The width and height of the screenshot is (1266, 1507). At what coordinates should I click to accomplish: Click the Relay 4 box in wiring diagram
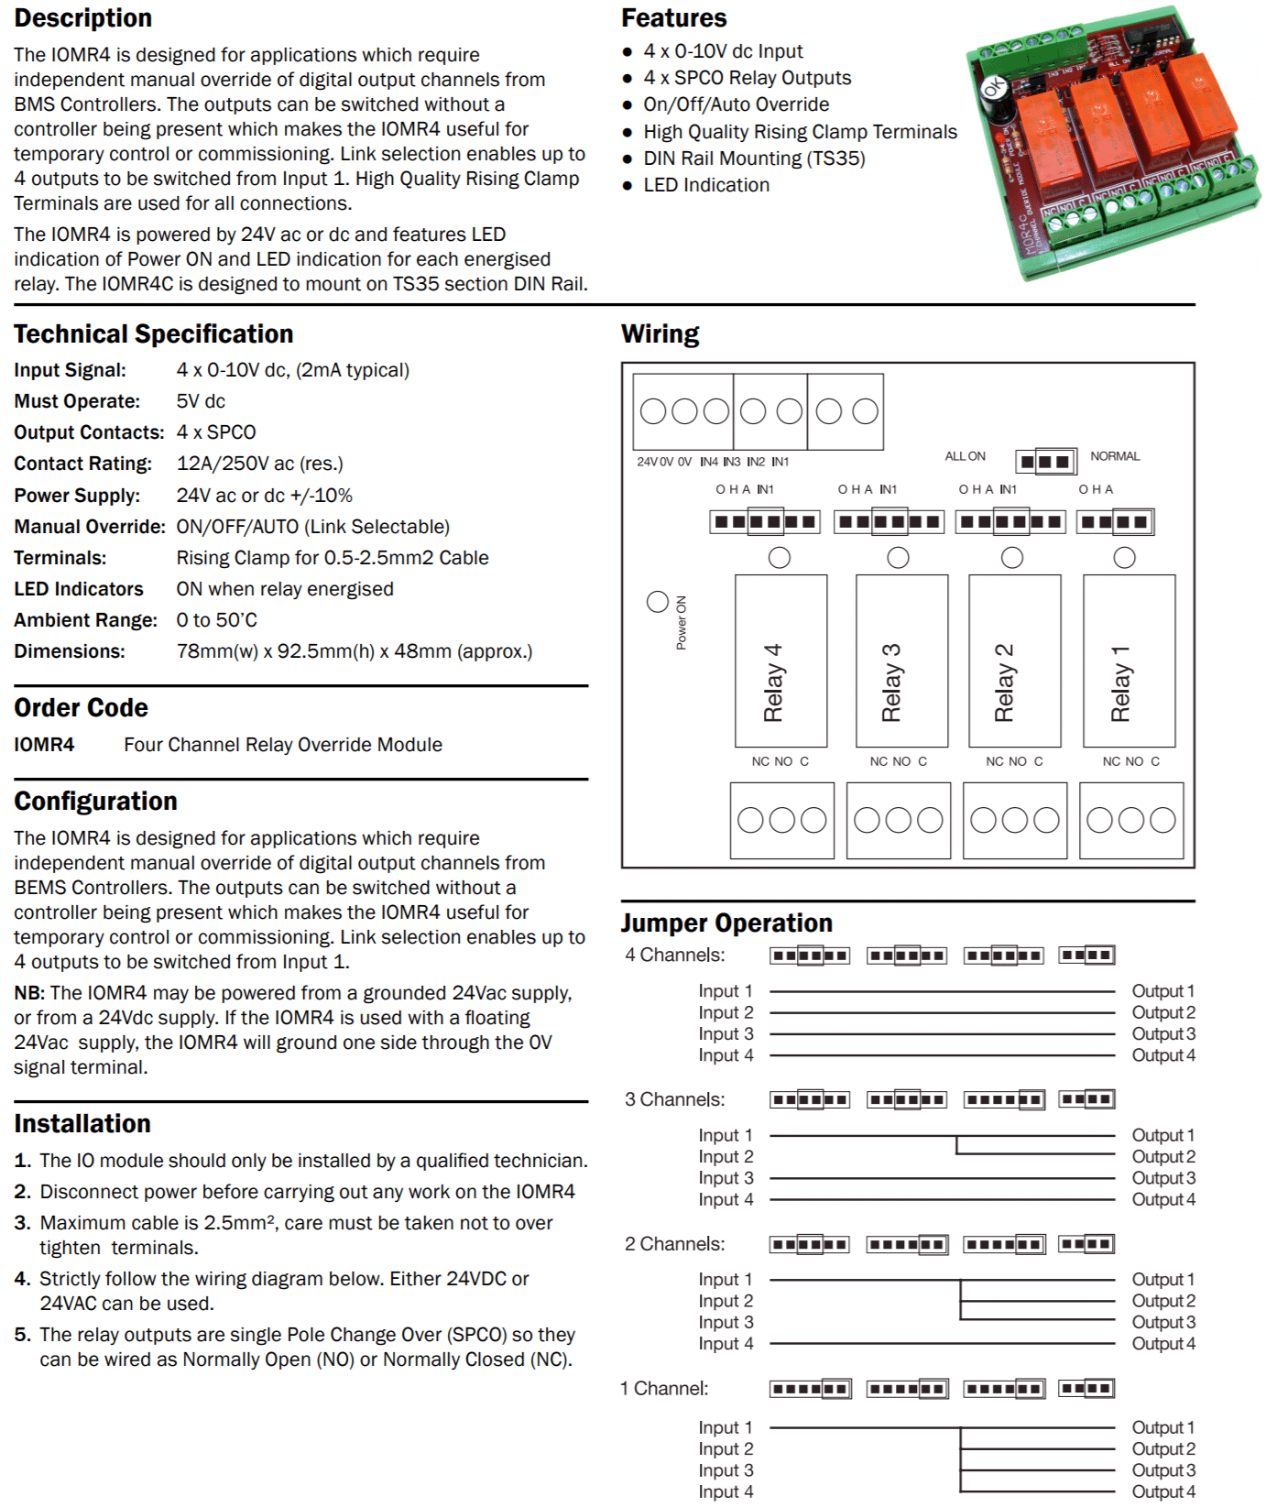point(780,661)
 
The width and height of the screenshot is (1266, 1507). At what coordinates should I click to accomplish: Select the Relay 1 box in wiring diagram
point(1129,661)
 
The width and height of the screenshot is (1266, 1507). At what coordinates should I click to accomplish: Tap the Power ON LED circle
point(657,602)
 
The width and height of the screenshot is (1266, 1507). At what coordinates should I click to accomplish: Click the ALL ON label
point(965,456)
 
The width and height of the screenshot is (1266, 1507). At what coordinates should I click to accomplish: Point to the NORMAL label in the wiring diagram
point(1114,456)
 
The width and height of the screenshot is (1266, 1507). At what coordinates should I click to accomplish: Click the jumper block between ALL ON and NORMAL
point(1045,461)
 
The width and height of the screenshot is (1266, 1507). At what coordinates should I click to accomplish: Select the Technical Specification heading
point(154,334)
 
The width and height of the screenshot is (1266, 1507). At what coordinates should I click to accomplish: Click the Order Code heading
point(81,708)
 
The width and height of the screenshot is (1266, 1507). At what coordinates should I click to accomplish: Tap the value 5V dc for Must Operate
point(201,401)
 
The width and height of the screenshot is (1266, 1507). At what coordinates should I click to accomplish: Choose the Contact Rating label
point(82,464)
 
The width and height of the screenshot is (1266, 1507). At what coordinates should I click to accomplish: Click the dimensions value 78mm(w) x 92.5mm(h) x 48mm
point(354,651)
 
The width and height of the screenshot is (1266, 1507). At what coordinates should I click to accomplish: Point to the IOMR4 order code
point(44,745)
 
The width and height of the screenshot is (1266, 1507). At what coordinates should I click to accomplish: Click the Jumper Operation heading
point(726,923)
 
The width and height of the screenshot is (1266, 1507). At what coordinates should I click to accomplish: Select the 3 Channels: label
point(674,1099)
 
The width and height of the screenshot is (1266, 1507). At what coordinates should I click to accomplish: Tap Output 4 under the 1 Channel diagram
point(1162,1491)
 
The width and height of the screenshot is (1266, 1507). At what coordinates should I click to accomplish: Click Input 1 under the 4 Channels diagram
point(726,991)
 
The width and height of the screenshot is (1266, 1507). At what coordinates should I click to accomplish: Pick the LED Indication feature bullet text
point(706,185)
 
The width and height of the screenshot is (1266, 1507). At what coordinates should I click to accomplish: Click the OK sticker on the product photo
point(994,89)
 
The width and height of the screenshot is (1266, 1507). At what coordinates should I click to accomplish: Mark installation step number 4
point(22,1279)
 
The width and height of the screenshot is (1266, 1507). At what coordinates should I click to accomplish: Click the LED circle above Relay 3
point(898,557)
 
